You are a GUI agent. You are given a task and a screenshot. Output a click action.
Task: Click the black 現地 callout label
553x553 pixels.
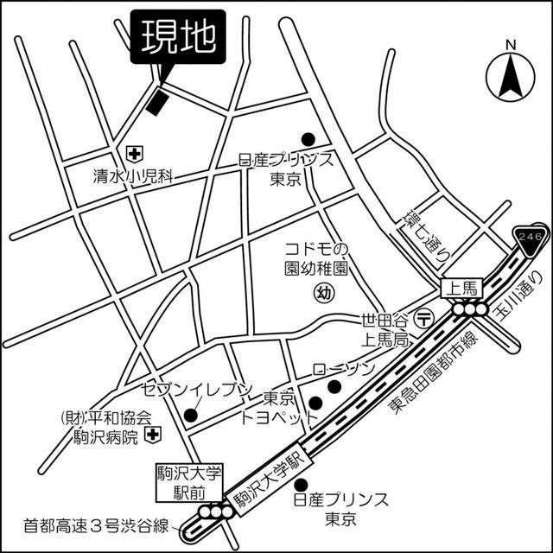(174, 38)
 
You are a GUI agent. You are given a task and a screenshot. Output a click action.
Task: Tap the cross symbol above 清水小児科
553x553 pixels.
(134, 154)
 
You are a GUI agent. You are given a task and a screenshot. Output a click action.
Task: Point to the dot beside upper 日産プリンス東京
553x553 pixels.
(307, 138)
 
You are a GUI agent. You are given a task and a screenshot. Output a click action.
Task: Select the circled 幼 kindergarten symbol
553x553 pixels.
(322, 291)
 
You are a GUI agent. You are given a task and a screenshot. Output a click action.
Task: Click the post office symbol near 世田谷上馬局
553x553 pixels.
(424, 318)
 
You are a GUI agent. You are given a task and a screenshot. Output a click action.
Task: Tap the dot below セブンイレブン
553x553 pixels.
(191, 415)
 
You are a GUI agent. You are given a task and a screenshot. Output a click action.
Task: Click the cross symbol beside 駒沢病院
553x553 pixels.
(152, 434)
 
